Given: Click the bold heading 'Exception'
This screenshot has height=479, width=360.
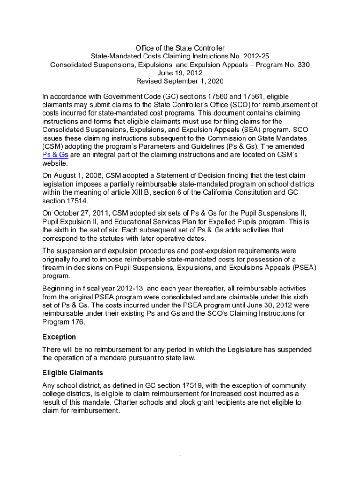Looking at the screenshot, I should [59, 337].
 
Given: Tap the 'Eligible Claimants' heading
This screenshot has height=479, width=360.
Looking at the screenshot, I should [72, 373].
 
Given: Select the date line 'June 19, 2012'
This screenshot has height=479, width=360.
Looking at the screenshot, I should [180, 73].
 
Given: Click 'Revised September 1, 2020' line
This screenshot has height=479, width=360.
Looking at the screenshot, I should [180, 81].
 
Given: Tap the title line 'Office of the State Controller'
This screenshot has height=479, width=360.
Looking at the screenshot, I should [180, 48].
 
